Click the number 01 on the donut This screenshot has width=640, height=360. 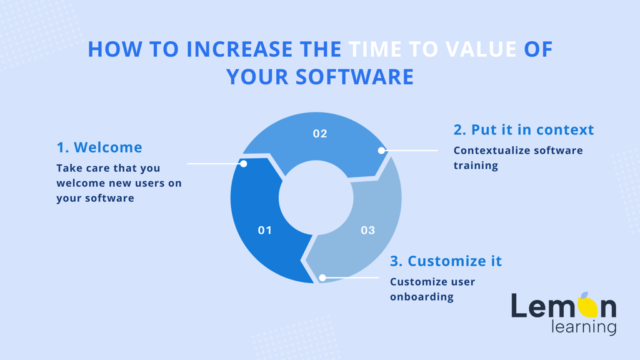264,230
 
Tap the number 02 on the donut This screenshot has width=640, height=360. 320,134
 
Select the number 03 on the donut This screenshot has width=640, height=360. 367,230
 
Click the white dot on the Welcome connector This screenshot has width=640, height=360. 244,164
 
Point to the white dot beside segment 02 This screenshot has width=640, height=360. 381,151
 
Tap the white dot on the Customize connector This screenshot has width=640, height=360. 322,278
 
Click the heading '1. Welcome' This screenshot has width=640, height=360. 99,147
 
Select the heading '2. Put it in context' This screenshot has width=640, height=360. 524,130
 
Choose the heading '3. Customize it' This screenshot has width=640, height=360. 446,261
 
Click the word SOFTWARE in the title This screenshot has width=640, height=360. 354,77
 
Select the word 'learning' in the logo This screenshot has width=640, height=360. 584,327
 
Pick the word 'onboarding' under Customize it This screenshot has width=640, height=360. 422,297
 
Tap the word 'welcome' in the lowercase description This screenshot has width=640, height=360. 81,183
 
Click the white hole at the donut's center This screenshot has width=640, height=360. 316,198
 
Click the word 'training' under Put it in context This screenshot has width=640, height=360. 476,166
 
